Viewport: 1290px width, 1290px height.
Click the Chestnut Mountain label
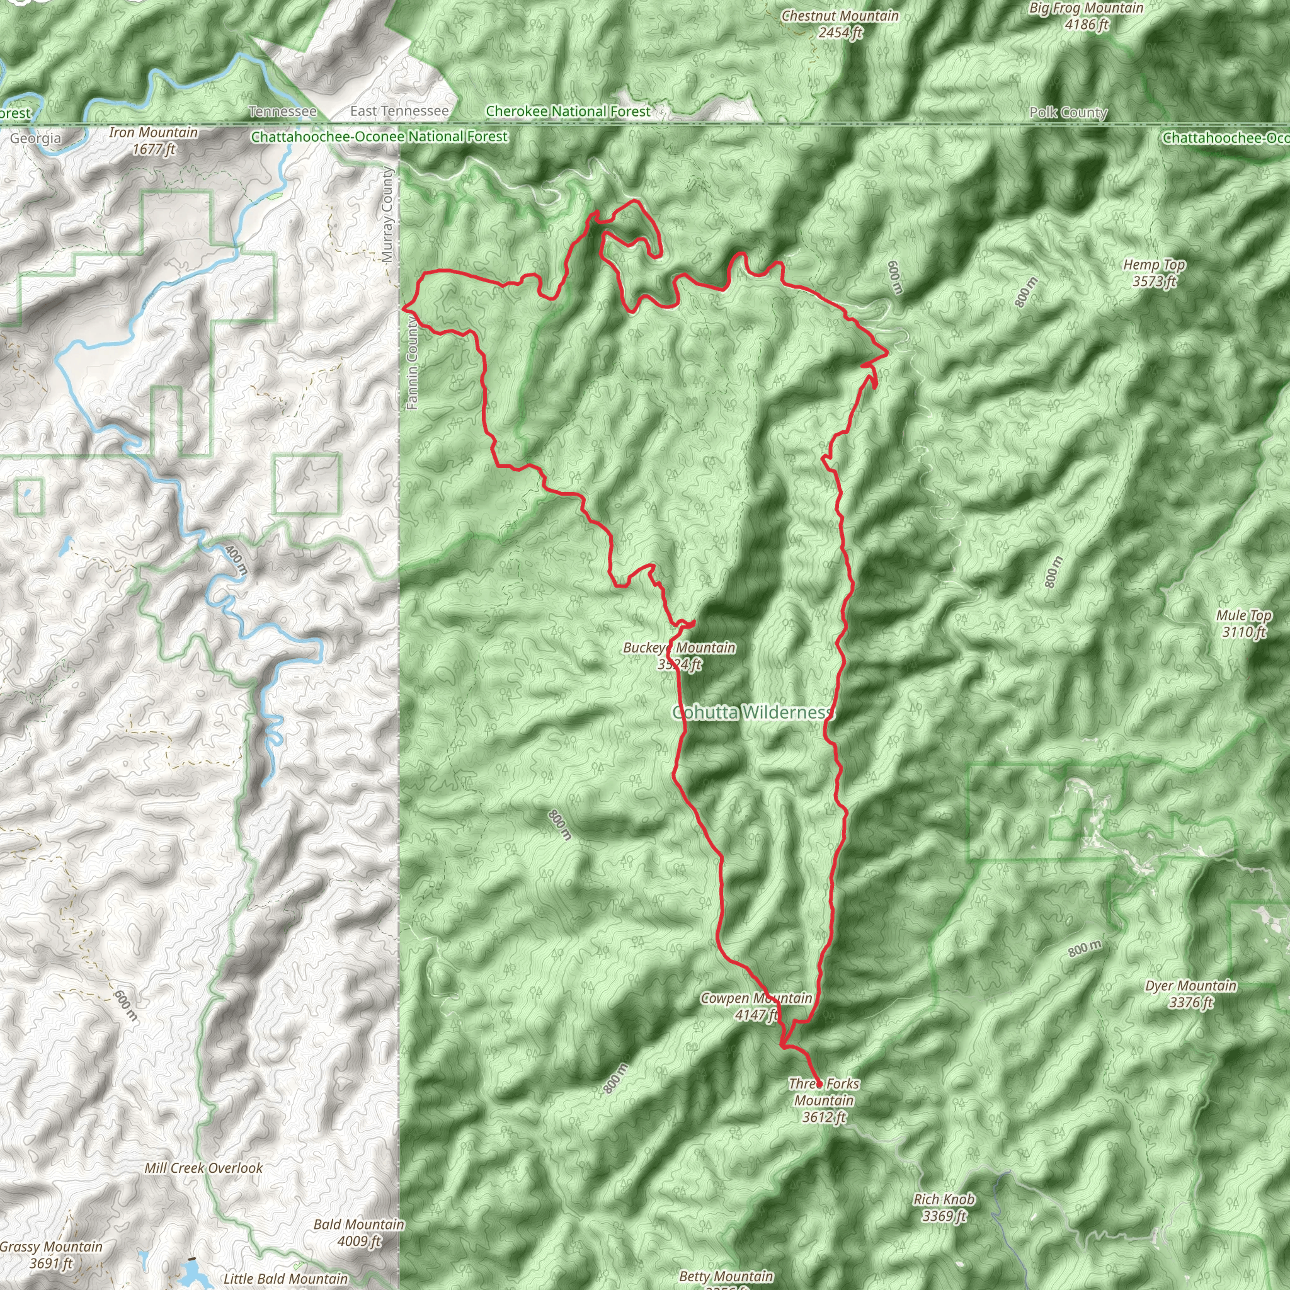click(840, 24)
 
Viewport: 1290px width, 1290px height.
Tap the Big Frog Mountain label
click(1087, 16)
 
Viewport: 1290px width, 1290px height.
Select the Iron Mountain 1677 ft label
click(154, 141)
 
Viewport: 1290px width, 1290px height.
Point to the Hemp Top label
click(1154, 272)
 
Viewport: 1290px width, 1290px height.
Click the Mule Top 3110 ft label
click(1244, 623)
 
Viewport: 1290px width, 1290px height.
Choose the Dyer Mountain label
click(1190, 993)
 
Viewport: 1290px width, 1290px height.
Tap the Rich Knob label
click(944, 1207)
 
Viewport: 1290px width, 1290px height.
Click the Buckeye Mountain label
click(679, 655)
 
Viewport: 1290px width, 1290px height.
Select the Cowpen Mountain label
click(756, 1006)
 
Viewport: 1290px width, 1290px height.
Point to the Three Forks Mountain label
click(824, 1100)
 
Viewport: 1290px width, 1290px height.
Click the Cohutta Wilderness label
click(753, 712)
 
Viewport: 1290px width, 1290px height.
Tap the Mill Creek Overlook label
click(203, 1168)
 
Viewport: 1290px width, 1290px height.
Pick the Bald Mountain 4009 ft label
click(358, 1232)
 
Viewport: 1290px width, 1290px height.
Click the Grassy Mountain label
click(52, 1254)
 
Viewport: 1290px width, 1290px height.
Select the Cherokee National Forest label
click(568, 111)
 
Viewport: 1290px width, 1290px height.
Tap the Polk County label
click(1068, 112)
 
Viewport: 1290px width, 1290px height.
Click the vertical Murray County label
click(388, 214)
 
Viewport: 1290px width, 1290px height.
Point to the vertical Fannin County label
click(412, 363)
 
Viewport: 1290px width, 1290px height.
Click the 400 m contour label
click(236, 559)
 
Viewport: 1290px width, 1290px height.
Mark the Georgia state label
click(35, 138)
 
